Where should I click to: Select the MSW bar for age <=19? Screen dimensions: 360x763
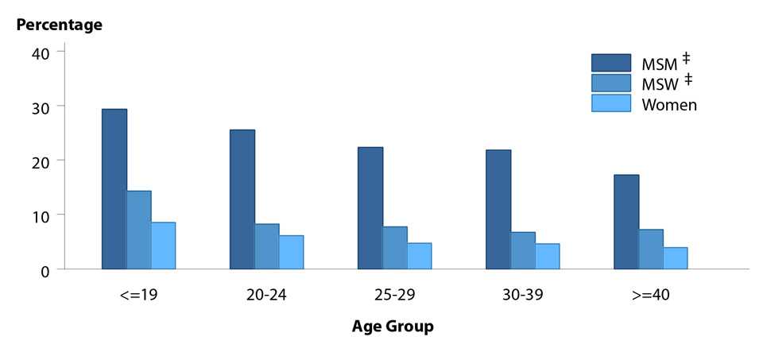tap(138, 230)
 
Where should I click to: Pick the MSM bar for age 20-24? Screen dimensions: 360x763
tap(242, 199)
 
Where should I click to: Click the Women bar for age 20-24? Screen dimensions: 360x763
tap(291, 253)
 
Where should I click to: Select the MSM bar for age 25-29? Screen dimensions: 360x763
tap(370, 208)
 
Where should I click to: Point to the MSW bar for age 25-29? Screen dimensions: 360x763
tap(395, 248)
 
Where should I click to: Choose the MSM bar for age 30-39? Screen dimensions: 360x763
tap(498, 210)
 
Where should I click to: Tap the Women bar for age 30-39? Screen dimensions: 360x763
tap(547, 257)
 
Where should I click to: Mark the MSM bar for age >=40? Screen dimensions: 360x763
tap(626, 222)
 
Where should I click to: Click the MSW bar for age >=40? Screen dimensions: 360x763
tap(651, 250)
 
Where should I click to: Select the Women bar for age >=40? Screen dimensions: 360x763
tap(675, 258)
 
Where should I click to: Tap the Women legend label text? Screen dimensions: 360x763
tap(668, 105)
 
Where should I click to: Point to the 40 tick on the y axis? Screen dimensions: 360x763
tap(41, 52)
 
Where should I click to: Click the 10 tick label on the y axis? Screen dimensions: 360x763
tap(41, 215)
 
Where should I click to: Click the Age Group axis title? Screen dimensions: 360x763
tap(393, 327)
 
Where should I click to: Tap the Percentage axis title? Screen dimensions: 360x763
tap(60, 25)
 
